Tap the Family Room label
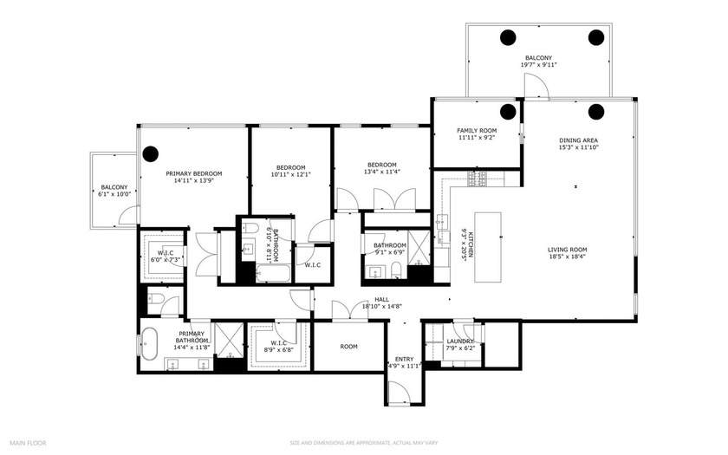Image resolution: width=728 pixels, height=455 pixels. pyautogui.click(x=477, y=130)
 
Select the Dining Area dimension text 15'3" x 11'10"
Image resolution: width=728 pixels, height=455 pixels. pyautogui.click(x=578, y=148)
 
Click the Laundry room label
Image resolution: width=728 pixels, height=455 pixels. pyautogui.click(x=460, y=341)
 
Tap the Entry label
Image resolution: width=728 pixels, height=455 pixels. pyautogui.click(x=405, y=358)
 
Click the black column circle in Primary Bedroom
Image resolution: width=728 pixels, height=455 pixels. pyautogui.click(x=151, y=154)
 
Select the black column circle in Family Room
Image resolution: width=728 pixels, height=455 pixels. pyautogui.click(x=508, y=111)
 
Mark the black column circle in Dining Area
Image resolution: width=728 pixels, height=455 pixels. pyautogui.click(x=596, y=111)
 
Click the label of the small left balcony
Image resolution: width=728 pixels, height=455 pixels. pyautogui.click(x=114, y=187)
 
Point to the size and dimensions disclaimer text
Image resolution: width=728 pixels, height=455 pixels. pyautogui.click(x=363, y=444)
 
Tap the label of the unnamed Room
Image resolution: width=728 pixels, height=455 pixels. pyautogui.click(x=348, y=347)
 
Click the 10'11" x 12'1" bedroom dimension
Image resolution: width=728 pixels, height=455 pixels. pyautogui.click(x=291, y=174)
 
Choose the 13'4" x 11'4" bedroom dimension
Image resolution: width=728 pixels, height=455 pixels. pyautogui.click(x=381, y=172)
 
